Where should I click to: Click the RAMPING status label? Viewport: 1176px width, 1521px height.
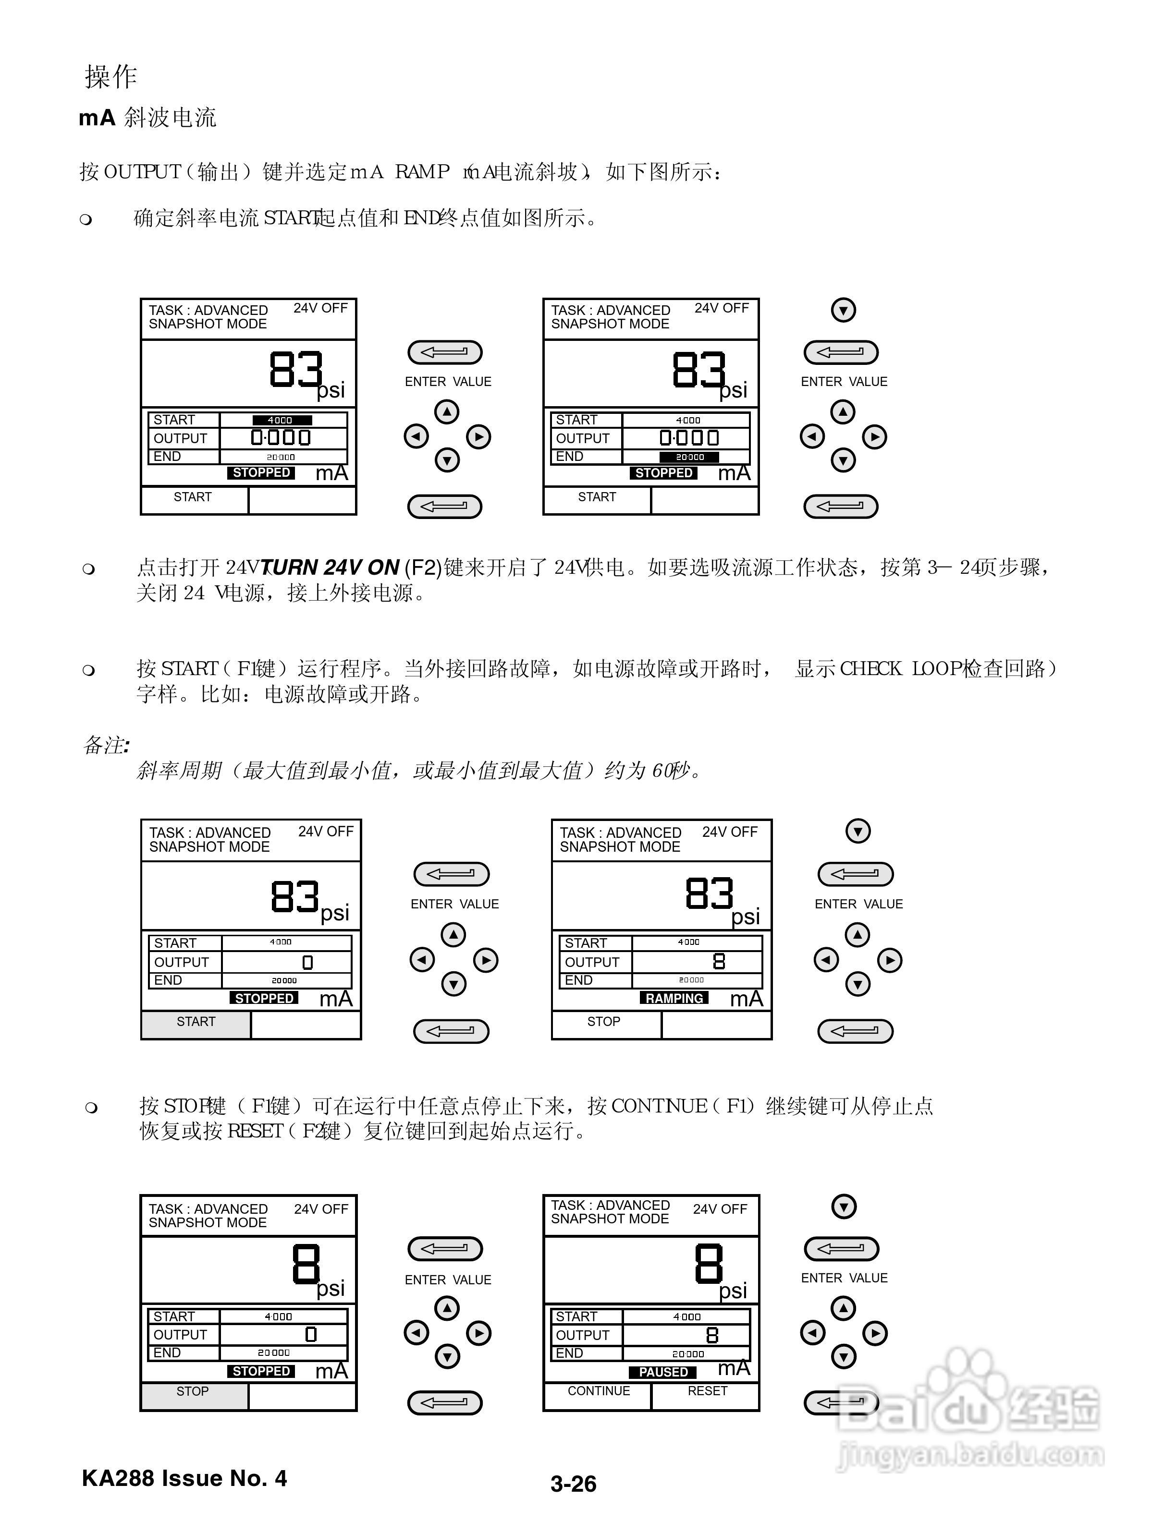tap(674, 998)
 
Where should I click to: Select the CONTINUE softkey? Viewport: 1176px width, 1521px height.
tap(599, 1391)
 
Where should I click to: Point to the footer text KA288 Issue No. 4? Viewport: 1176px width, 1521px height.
tap(184, 1478)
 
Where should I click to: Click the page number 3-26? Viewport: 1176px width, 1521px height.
tap(574, 1484)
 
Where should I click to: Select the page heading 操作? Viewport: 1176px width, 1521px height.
tap(111, 77)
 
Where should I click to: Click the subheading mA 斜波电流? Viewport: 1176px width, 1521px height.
tap(147, 118)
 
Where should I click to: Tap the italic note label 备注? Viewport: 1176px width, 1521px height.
tap(105, 745)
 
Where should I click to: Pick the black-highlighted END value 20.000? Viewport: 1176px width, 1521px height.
tap(689, 457)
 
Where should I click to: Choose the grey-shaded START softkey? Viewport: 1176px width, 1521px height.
tap(196, 1022)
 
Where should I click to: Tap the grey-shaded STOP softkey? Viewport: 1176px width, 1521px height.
tap(193, 1391)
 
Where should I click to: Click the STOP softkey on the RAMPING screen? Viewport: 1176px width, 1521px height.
tap(603, 1022)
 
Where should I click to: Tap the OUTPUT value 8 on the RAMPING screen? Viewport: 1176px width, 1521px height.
tap(719, 962)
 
